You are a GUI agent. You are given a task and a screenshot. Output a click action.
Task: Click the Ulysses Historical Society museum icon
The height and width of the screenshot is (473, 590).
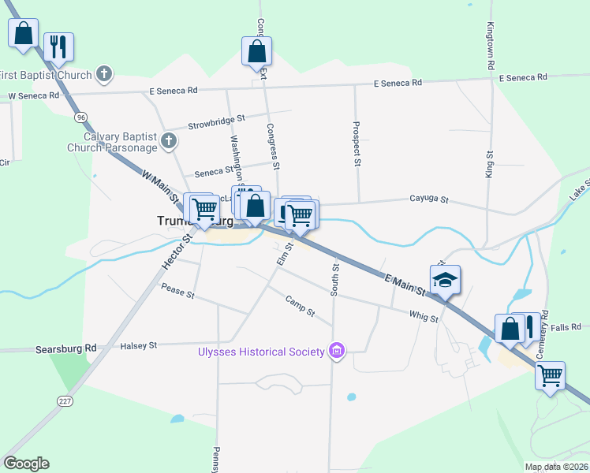[x=337, y=351]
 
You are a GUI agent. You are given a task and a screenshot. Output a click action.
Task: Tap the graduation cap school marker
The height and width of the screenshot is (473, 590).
[x=445, y=280]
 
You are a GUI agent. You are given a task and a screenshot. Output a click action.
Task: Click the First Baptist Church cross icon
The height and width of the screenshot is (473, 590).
[x=103, y=75]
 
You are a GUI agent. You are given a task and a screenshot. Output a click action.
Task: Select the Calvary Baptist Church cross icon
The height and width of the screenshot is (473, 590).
[x=168, y=141]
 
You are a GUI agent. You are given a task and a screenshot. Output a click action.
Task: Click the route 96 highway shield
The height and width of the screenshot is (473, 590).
[x=81, y=117]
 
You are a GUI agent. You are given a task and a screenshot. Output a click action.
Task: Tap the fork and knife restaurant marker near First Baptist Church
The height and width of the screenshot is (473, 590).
[x=58, y=47]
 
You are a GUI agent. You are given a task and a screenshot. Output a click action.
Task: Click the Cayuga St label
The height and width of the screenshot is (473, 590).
[x=428, y=200]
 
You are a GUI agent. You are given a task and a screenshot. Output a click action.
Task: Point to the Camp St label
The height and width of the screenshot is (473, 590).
[x=300, y=306]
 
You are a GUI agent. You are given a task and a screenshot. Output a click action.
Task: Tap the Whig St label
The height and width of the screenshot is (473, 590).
[x=424, y=316]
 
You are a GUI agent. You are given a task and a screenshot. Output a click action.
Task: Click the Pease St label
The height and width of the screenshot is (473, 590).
[x=177, y=292]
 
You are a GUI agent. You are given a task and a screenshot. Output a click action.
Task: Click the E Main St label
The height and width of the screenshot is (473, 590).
[x=405, y=284]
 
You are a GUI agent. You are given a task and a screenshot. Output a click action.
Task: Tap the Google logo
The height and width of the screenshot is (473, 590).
[x=26, y=464]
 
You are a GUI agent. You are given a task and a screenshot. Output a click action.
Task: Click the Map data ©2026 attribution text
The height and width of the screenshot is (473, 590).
[x=556, y=467]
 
